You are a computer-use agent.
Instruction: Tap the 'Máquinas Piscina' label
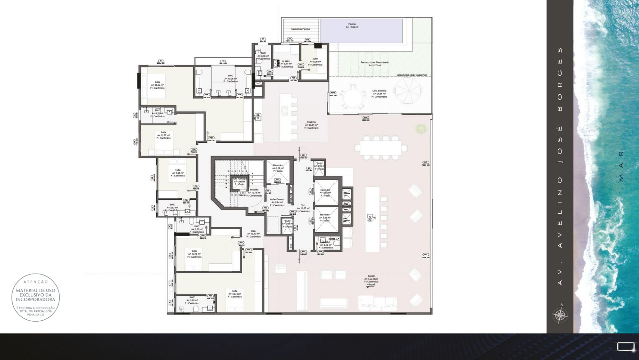[x=301, y=29]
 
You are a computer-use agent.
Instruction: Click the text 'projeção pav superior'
[x=412, y=75]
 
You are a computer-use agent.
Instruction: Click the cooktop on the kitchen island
[x=285, y=110]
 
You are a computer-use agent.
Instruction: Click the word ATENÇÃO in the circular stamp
[x=36, y=282]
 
